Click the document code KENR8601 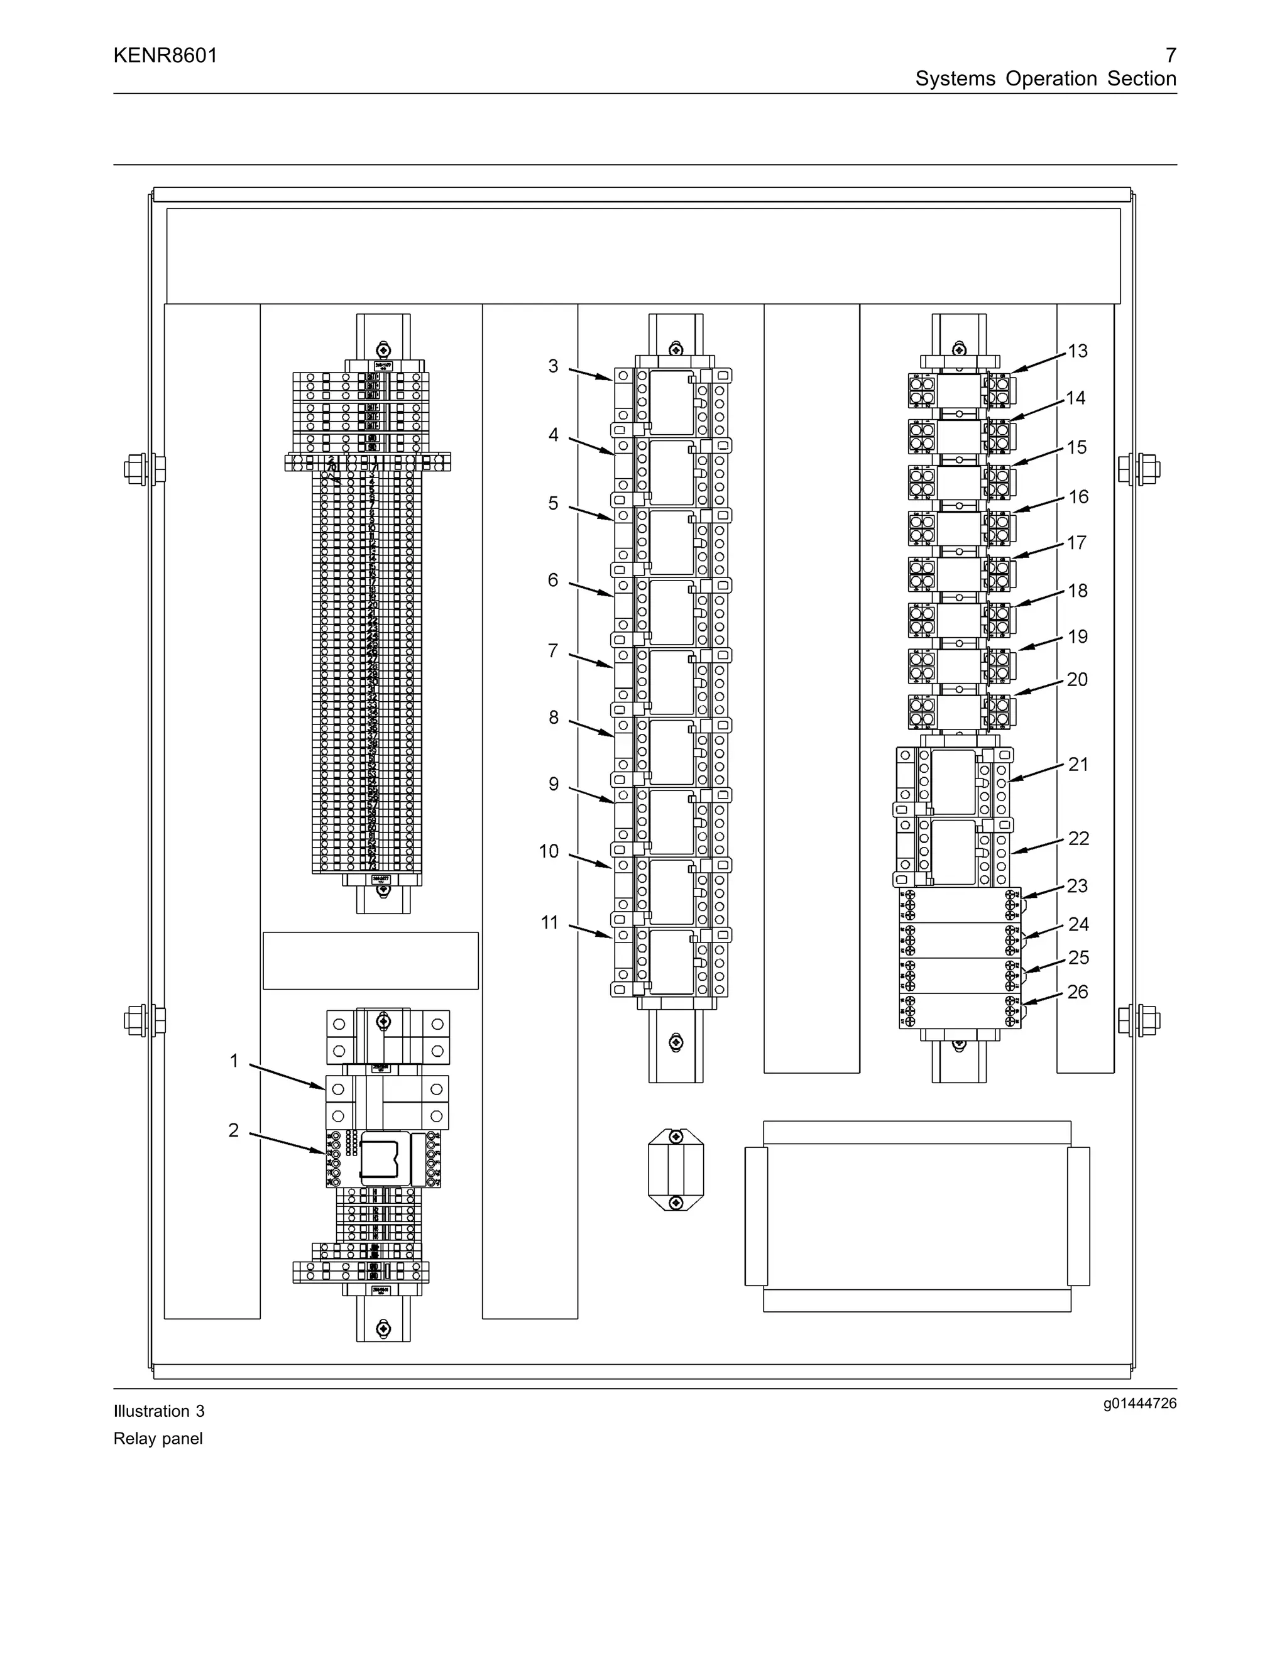tap(165, 56)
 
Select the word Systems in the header tap(955, 79)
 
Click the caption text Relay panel tap(158, 1439)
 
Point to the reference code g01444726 tap(1139, 1404)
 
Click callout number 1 tap(234, 1061)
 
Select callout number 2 tap(234, 1130)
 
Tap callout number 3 tap(554, 366)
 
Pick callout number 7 tap(553, 650)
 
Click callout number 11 tap(550, 922)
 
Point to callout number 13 tap(1077, 351)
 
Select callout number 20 tap(1076, 679)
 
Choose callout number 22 tap(1078, 838)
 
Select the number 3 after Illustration tap(200, 1411)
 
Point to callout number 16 tap(1078, 496)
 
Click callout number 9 tap(554, 783)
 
